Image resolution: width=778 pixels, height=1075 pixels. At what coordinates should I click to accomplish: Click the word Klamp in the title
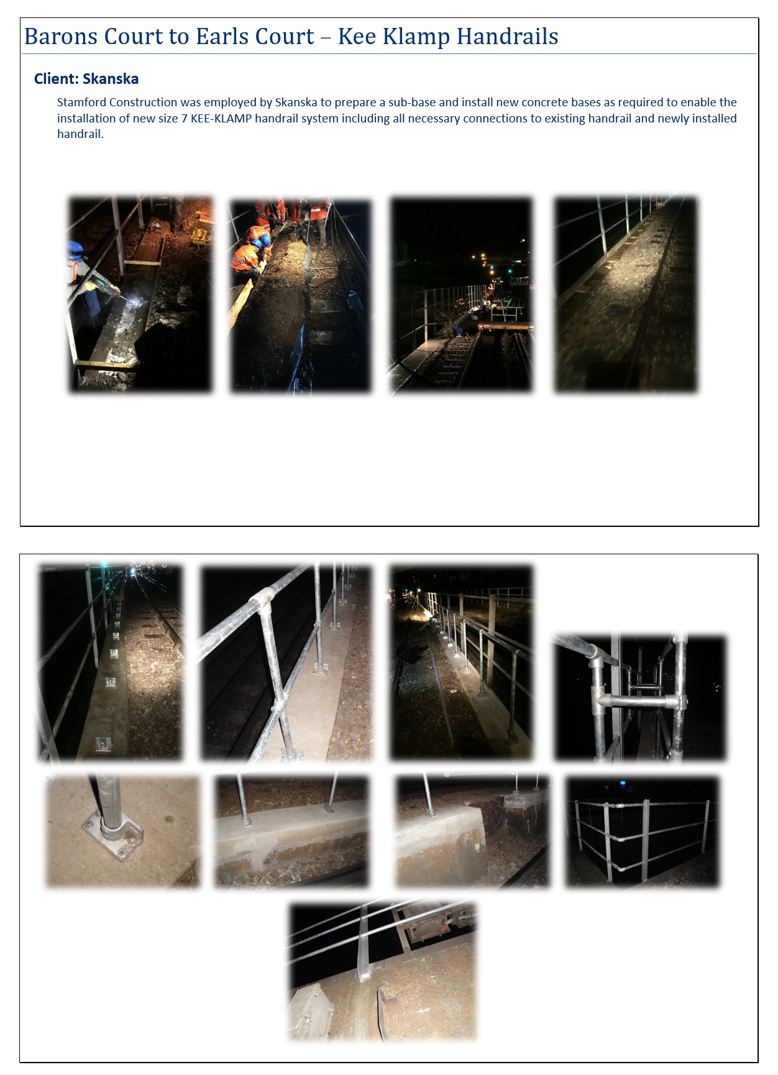[416, 37]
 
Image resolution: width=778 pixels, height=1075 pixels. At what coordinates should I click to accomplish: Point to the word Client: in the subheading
[56, 79]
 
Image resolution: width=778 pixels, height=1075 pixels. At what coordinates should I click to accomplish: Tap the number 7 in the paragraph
[184, 118]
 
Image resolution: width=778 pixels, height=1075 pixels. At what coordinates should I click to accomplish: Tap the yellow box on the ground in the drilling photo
[200, 236]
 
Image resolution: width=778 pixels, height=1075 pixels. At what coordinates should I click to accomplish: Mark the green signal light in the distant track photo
[510, 271]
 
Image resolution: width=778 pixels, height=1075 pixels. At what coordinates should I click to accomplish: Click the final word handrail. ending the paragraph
[80, 134]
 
